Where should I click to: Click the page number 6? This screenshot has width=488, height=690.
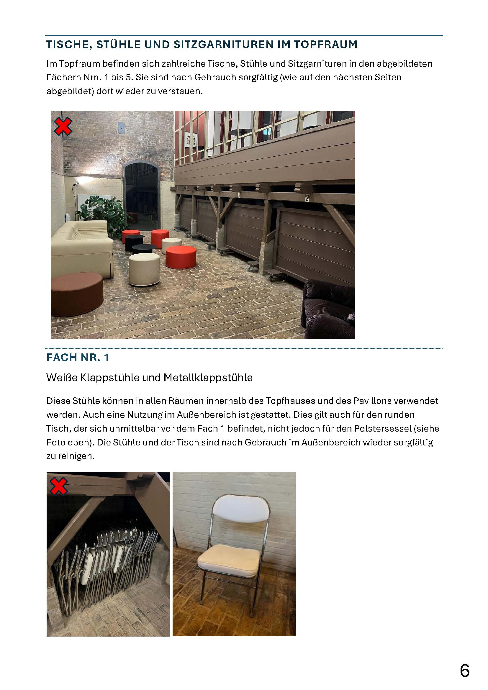coord(465,671)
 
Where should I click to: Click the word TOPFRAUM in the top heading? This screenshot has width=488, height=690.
coord(326,45)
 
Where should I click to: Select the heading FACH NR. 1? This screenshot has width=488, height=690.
coord(78,357)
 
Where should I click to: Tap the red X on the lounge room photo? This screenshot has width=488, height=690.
coord(63,126)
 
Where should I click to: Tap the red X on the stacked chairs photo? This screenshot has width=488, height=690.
coord(59,486)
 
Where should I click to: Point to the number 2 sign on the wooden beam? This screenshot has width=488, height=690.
coord(307,198)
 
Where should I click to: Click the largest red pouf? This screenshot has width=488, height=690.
coord(181,257)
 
